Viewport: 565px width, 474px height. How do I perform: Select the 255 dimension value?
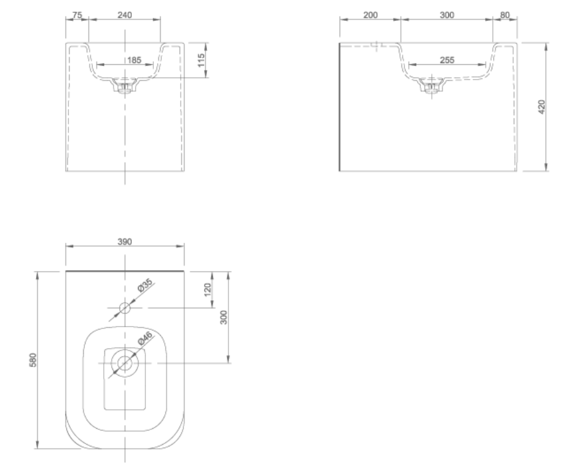click(447, 60)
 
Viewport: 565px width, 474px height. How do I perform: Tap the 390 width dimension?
click(125, 242)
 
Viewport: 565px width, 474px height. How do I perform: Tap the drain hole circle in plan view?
click(125, 363)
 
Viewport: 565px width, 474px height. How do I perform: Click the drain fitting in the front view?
click(125, 86)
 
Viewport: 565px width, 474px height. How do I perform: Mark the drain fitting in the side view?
click(432, 86)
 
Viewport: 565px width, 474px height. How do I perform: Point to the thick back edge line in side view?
click(340, 108)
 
